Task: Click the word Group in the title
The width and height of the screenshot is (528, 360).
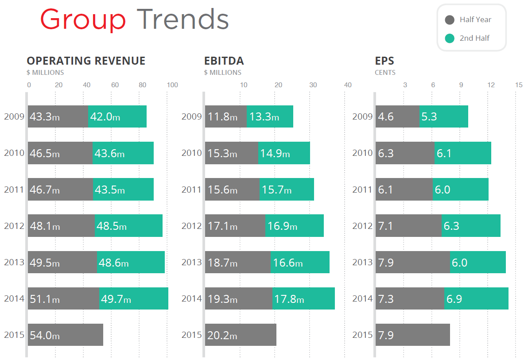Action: (x=83, y=20)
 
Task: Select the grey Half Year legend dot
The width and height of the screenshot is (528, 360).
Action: (x=450, y=20)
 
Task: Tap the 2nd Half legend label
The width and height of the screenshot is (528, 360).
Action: (x=474, y=39)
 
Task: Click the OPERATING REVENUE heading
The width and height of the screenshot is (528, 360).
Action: (x=86, y=61)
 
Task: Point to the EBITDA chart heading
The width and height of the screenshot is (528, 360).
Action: (x=224, y=61)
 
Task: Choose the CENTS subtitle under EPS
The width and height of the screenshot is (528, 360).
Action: (x=385, y=73)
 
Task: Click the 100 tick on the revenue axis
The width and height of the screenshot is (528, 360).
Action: (x=172, y=85)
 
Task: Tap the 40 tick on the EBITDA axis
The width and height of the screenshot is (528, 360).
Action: (x=348, y=85)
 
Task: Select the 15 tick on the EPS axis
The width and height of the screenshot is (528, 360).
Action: (x=519, y=85)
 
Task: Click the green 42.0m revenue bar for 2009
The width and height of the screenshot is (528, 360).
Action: (x=117, y=116)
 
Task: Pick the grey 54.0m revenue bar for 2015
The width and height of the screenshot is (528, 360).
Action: (x=66, y=335)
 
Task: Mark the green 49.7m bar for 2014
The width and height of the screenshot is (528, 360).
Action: (x=133, y=298)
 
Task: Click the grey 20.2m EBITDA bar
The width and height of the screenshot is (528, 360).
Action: (x=241, y=335)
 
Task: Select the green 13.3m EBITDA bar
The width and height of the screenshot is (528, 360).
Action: (x=270, y=116)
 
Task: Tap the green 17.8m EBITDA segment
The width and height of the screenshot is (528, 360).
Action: (x=303, y=298)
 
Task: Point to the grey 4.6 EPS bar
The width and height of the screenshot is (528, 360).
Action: (x=397, y=116)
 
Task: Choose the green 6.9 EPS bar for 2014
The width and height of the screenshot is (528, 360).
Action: (x=476, y=298)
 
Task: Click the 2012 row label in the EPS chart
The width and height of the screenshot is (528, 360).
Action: (x=362, y=226)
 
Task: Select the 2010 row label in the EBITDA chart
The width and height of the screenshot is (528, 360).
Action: (x=191, y=153)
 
